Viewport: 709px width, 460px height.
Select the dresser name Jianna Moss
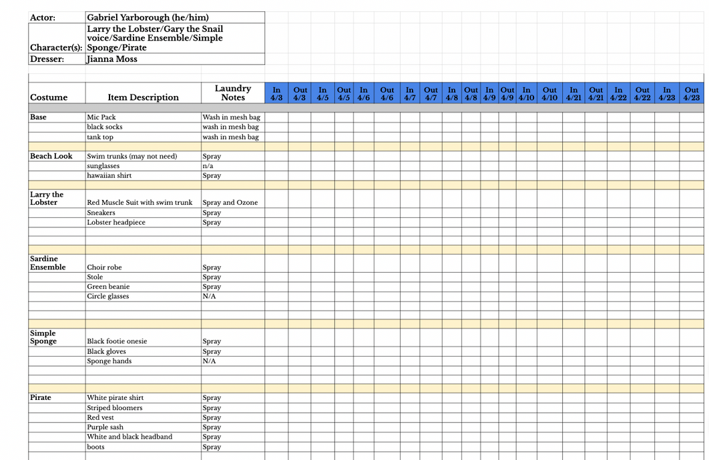click(112, 59)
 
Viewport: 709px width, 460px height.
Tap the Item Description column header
click(143, 97)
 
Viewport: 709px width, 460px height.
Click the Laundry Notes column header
click(233, 93)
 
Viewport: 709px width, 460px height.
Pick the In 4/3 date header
click(276, 93)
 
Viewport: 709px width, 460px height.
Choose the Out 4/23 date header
click(692, 93)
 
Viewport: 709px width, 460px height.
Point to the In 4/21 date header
click(573, 93)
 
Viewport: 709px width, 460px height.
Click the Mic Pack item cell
click(101, 117)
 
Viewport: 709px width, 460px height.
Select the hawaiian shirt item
click(109, 176)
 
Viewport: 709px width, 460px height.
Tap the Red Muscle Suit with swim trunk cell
click(140, 203)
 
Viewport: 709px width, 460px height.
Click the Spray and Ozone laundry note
click(230, 203)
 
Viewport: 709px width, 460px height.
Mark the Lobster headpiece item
click(116, 223)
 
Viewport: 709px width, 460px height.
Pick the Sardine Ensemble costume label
click(48, 263)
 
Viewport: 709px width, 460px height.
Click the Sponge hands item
click(109, 361)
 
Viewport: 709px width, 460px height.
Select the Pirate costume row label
click(41, 397)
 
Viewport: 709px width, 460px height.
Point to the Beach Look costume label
click(51, 156)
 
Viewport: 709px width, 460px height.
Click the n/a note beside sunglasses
click(208, 166)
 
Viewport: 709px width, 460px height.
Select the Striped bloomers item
click(114, 408)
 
